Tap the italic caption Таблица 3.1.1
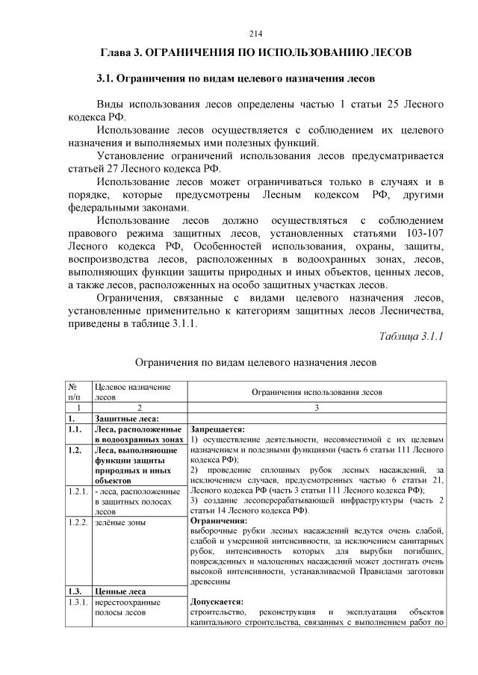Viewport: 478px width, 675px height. click(x=412, y=335)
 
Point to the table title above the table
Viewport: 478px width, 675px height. click(x=255, y=362)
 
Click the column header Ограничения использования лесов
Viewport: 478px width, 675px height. click(x=316, y=391)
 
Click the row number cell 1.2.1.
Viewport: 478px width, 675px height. click(x=77, y=490)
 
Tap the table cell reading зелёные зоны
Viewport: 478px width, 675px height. click(x=120, y=522)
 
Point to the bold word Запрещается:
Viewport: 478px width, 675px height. click(x=218, y=430)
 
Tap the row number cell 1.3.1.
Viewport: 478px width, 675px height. click(x=77, y=602)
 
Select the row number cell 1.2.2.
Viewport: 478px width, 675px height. click(x=77, y=522)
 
